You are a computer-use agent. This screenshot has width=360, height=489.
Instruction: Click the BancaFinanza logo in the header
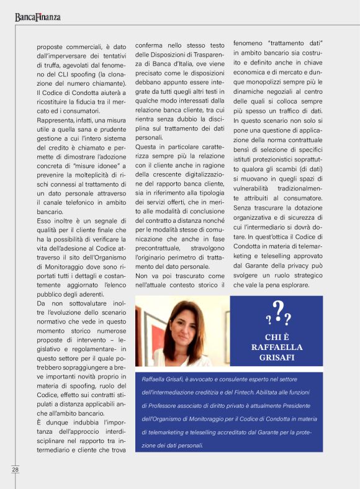click(38, 17)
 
